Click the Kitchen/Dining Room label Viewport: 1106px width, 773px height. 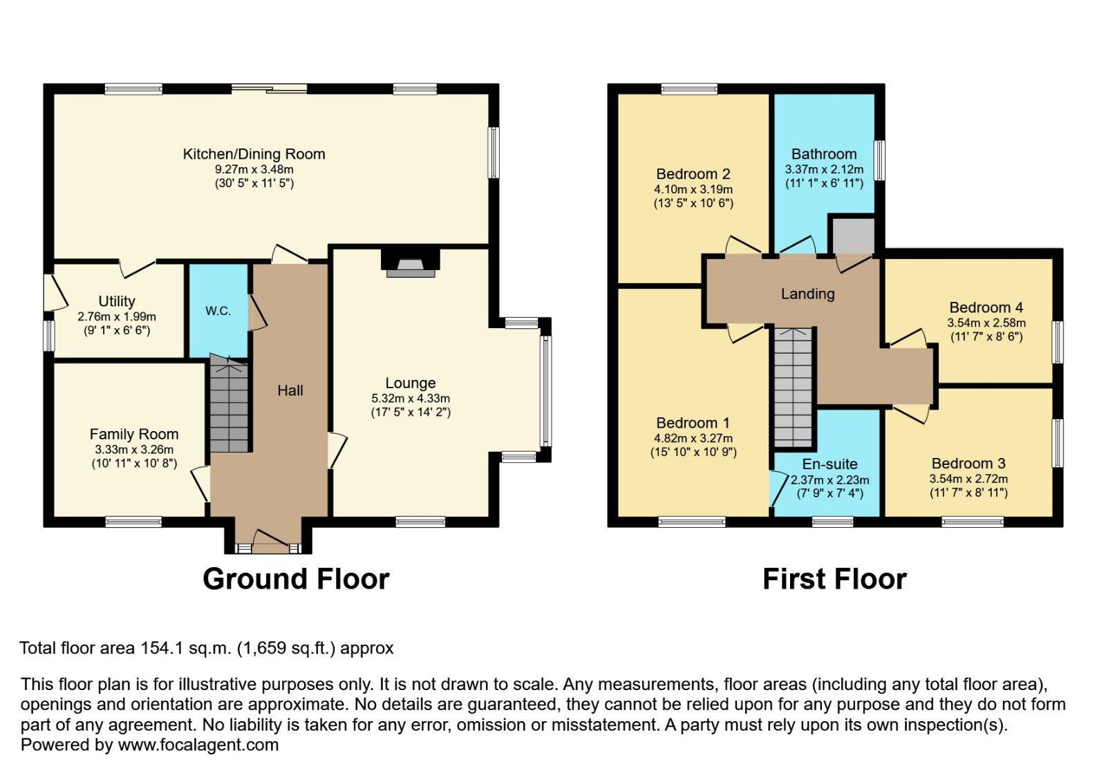tap(254, 154)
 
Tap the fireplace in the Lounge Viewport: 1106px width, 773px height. tap(411, 265)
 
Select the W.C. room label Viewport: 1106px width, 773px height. tap(218, 311)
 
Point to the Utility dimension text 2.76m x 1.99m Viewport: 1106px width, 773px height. tap(117, 316)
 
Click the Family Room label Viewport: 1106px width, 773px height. tap(134, 434)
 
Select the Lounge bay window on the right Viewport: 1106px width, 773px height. tap(546, 391)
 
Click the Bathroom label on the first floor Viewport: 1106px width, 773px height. tap(824, 154)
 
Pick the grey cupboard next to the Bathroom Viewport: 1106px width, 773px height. tap(852, 236)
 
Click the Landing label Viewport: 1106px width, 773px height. tap(807, 294)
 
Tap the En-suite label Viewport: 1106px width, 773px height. tap(829, 464)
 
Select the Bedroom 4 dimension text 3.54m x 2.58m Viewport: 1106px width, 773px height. tap(986, 323)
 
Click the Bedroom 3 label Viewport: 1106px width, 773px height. tap(968, 464)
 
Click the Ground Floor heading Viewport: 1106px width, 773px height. tap(296, 579)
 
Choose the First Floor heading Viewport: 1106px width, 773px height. tap(834, 579)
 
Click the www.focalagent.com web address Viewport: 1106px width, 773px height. tap(198, 745)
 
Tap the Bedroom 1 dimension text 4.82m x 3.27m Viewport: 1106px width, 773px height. tap(693, 438)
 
